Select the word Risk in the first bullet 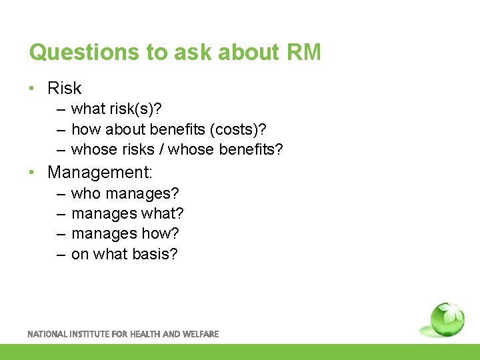[65, 88]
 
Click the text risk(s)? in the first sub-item [137, 109]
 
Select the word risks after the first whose [136, 149]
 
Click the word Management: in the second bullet [100, 173]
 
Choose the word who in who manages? [85, 194]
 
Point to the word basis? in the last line [154, 254]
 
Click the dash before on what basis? [60, 255]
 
